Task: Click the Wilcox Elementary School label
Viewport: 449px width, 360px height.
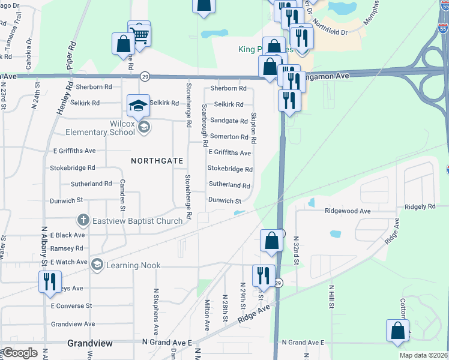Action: point(100,127)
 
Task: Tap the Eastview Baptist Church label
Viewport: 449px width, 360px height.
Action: point(137,221)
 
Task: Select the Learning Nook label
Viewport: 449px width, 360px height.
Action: point(125,265)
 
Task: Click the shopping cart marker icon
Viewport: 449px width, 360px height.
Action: point(139,34)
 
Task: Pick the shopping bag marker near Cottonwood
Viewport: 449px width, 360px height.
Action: point(397,331)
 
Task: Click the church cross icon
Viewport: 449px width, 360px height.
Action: point(83,221)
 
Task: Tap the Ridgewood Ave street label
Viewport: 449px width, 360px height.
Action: point(348,211)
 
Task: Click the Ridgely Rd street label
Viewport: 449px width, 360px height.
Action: point(420,206)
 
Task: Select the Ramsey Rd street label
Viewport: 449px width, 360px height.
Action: point(67,248)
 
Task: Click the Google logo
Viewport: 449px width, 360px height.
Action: point(20,353)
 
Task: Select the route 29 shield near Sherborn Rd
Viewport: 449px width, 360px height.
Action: point(145,76)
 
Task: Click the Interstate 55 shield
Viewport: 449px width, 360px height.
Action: point(442,28)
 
